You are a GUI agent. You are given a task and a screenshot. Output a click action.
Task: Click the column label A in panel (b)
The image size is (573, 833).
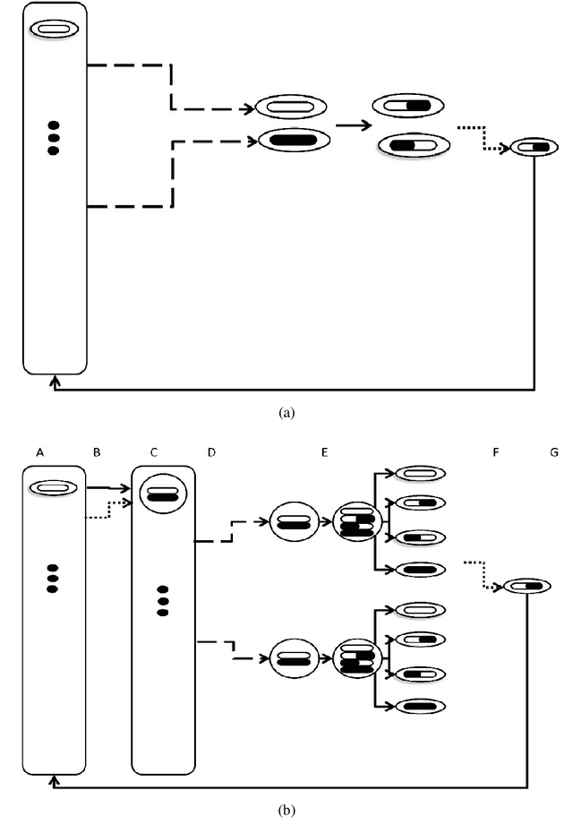40,453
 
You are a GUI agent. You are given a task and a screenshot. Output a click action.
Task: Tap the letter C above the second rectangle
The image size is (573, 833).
153,453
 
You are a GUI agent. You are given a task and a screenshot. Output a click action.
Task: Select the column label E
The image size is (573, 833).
325,453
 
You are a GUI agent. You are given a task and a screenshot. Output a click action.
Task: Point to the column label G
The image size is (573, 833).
554,453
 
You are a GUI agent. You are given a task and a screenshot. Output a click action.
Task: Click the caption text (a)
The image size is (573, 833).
286,413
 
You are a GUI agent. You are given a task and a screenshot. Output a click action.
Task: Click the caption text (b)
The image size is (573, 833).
286,811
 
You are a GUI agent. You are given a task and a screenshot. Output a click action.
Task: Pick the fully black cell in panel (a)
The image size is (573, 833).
294,139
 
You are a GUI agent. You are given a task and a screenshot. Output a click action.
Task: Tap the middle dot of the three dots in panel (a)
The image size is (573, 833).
53,138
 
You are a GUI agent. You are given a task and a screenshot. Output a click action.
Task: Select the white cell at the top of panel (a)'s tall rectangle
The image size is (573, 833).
54,30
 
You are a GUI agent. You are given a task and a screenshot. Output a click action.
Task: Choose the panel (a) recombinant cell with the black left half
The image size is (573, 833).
413,144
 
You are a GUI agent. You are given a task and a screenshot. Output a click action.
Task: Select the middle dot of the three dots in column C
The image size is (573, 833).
162,600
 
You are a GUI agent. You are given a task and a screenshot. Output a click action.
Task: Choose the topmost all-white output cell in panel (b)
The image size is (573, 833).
419,472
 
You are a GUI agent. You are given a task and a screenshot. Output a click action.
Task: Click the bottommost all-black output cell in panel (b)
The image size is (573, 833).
419,706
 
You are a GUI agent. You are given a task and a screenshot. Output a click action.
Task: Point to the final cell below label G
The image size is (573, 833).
527,586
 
